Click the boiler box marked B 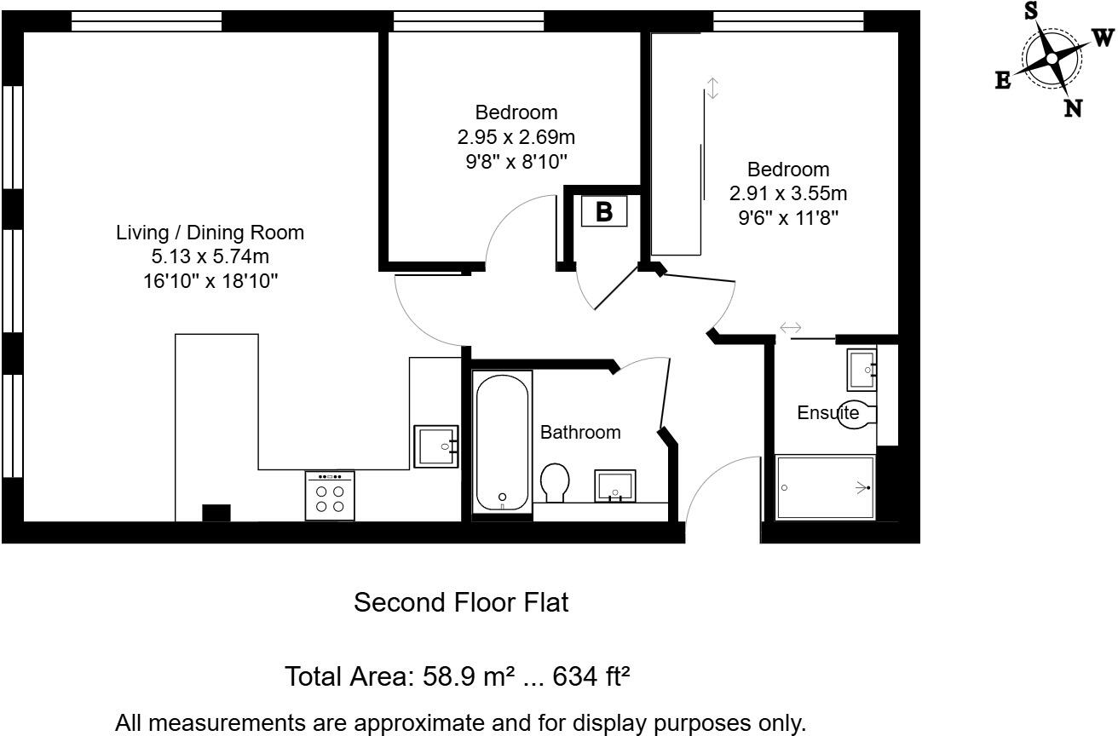click(603, 211)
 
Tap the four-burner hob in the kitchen click(330, 496)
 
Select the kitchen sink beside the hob click(436, 446)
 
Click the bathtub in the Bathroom click(503, 441)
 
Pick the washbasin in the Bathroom click(615, 485)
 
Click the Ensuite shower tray click(825, 487)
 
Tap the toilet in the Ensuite click(857, 414)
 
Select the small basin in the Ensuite click(862, 369)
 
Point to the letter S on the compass click(1030, 10)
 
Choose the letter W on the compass click(1102, 37)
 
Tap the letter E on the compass click(1003, 80)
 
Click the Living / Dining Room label click(210, 233)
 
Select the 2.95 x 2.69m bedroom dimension click(516, 136)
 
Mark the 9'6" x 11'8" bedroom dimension click(788, 217)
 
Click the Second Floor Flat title click(460, 603)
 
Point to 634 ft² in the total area click(591, 677)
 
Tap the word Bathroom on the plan click(580, 432)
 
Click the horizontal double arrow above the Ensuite click(790, 327)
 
